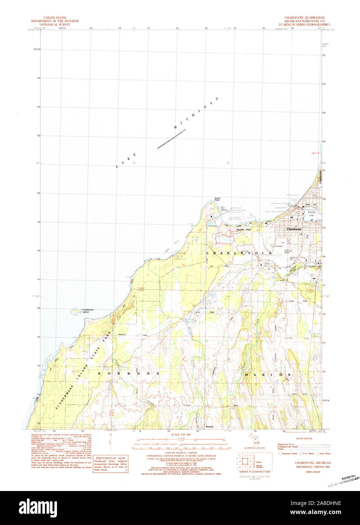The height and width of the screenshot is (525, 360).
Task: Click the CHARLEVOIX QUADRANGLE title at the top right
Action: pyautogui.click(x=305, y=18)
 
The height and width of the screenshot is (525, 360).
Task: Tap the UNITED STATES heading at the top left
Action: pyautogui.click(x=55, y=18)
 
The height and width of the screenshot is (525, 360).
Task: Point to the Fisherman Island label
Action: pyautogui.click(x=88, y=311)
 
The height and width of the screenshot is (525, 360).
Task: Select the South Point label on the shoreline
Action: pyautogui.click(x=217, y=199)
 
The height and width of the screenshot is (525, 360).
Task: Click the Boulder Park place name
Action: pyautogui.click(x=243, y=229)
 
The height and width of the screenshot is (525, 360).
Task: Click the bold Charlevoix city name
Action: pyautogui.click(x=294, y=229)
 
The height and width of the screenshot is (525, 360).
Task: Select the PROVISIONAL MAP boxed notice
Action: pyautogui.click(x=110, y=464)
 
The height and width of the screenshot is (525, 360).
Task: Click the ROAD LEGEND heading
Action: pyautogui.click(x=304, y=439)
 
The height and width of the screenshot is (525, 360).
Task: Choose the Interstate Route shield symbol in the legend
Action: pyautogui.click(x=280, y=454)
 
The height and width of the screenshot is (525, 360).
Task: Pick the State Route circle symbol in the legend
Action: pyautogui.click(x=318, y=454)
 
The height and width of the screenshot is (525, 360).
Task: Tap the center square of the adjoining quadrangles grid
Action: pyautogui.click(x=245, y=461)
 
